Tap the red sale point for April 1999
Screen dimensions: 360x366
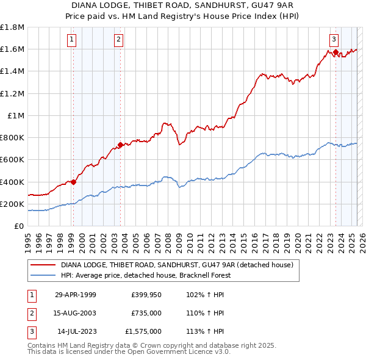point(73,181)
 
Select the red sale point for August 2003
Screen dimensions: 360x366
point(120,145)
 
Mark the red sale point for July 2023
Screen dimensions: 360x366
point(335,52)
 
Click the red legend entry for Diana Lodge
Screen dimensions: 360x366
point(177,265)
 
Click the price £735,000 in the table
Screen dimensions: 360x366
point(146,313)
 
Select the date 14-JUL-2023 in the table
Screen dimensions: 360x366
point(77,331)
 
